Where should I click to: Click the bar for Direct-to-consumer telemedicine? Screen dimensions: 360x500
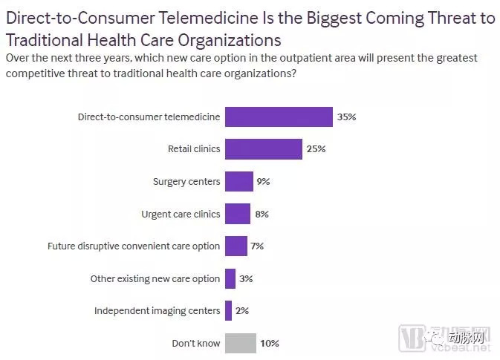[279, 117]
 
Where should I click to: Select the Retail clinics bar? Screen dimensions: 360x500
[264, 149]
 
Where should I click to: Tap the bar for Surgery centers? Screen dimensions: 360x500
[239, 181]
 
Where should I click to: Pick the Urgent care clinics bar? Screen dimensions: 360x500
[238, 214]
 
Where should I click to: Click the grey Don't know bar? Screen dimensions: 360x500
[241, 344]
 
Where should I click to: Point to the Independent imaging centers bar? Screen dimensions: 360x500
[229, 311]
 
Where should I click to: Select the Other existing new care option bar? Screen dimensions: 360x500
[230, 278]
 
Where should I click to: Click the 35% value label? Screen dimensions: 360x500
[347, 117]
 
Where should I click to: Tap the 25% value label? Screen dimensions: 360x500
[316, 149]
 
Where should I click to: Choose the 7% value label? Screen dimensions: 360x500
[257, 246]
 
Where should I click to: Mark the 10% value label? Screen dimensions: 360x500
[269, 344]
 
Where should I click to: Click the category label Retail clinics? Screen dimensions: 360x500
[194, 149]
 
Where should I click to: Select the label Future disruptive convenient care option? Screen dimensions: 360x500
[134, 246]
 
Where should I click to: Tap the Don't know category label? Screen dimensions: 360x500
[196, 344]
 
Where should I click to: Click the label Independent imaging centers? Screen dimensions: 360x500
[158, 311]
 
